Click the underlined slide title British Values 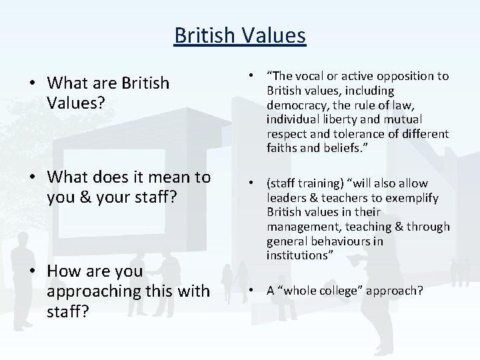pos(240,34)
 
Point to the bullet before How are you pos(32,272)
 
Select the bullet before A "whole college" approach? pos(257,290)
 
